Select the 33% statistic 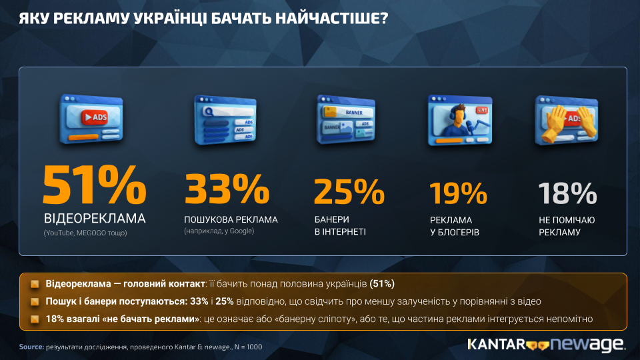click(227, 189)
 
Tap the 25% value click(349, 191)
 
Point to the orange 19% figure click(459, 193)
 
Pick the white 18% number click(567, 193)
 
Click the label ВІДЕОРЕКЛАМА click(95, 219)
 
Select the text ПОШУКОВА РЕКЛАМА click(231, 219)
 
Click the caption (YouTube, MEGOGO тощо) click(85, 233)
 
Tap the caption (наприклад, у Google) click(219, 231)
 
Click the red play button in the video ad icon click(94, 117)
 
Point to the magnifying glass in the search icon click(209, 111)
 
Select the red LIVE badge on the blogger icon click(482, 110)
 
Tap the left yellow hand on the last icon click(553, 123)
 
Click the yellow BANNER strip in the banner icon click(348, 112)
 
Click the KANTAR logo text click(496, 345)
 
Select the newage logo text click(587, 345)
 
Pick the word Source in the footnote click(31, 347)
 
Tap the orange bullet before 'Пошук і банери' click(35, 301)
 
